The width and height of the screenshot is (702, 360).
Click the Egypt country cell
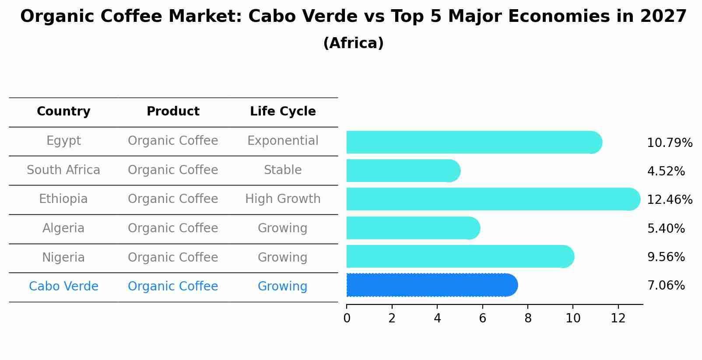63,141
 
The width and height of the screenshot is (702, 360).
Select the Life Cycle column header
283,112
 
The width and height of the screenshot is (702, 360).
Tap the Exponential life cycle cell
283,141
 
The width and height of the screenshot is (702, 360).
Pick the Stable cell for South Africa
283,170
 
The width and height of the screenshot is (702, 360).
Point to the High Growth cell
283,199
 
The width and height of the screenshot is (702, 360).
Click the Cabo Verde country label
63,287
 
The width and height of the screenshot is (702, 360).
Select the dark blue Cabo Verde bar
431,285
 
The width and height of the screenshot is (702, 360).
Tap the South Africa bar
403,171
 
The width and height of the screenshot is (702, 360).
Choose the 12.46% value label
670,200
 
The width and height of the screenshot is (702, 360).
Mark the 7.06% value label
666,286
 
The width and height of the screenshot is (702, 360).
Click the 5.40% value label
666,229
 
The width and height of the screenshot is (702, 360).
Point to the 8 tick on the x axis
528,318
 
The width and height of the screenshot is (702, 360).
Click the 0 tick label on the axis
347,318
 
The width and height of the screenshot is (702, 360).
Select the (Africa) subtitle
353,43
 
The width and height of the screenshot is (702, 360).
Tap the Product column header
173,112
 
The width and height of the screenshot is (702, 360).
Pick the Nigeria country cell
63,258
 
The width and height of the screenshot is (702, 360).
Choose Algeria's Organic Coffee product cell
173,228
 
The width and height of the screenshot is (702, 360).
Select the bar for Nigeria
460,257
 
